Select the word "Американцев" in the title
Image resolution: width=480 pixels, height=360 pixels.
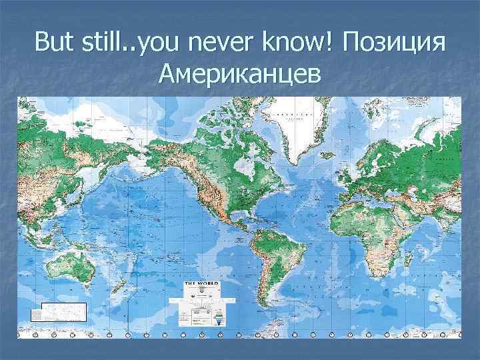[240, 75]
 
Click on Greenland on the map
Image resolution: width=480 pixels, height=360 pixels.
[294, 123]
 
